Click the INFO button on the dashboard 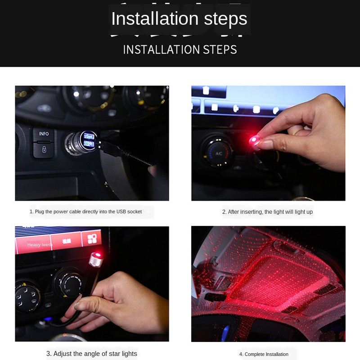[44, 134]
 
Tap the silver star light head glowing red [96, 260]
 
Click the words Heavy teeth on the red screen [40, 244]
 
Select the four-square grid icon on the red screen [92, 239]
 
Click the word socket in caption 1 [134, 211]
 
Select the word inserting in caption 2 [252, 212]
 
